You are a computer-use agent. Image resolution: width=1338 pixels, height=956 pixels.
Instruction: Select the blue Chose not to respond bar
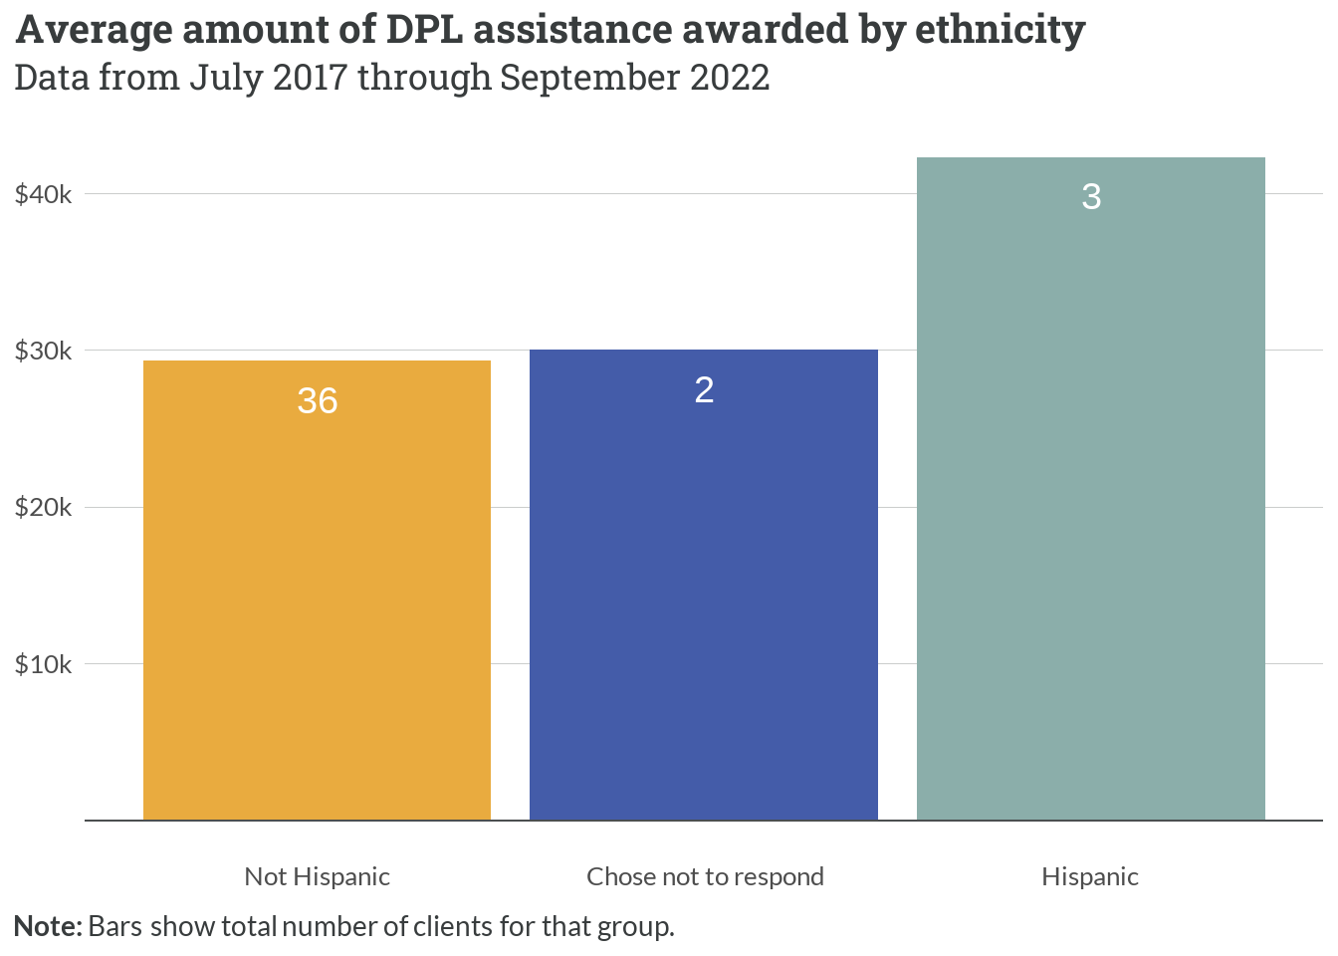point(703,597)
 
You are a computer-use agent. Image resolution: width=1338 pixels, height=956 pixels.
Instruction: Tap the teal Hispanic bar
point(1090,498)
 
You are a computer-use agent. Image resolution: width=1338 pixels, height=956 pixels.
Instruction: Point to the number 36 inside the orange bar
point(318,400)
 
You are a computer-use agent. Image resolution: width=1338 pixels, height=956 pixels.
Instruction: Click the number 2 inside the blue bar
point(704,389)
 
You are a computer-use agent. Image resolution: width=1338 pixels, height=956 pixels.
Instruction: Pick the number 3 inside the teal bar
point(1091,196)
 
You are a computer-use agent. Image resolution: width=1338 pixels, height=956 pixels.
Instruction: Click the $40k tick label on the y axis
point(44,194)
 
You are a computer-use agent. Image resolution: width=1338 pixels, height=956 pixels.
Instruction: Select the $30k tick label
point(44,351)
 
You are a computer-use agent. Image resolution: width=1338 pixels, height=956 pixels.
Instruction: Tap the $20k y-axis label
point(44,508)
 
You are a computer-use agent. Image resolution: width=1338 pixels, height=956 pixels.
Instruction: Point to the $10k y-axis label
point(44,664)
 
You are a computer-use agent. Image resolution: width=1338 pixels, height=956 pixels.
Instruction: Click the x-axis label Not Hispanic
point(317,876)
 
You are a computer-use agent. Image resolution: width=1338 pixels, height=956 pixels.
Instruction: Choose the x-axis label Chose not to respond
point(705,876)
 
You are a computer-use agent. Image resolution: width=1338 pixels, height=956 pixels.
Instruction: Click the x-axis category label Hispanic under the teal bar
point(1090,876)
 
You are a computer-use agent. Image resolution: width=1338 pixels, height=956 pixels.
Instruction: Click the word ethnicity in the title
point(1000,30)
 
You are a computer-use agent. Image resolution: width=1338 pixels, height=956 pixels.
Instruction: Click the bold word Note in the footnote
point(46,926)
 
